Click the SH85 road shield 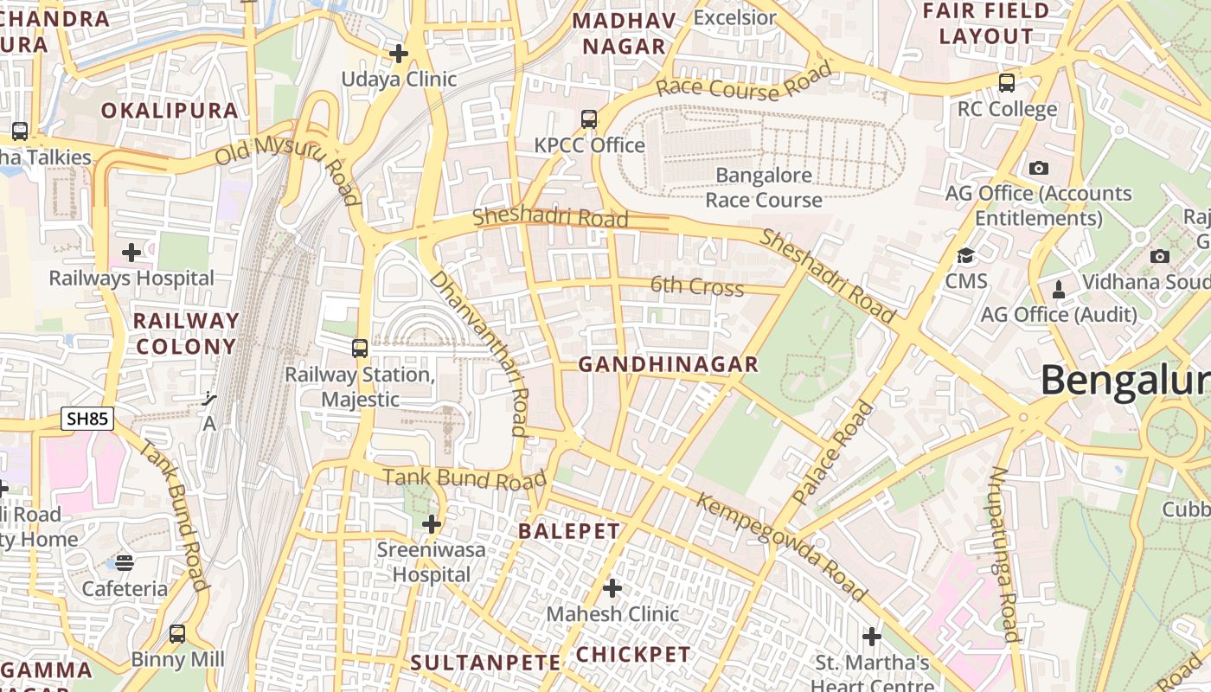point(88,420)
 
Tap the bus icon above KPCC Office point(589,119)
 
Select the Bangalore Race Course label point(763,188)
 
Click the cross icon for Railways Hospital point(131,253)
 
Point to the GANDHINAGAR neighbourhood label point(668,364)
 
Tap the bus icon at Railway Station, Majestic point(360,349)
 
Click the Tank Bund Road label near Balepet point(465,478)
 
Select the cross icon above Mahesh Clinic point(612,588)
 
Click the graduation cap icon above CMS point(965,256)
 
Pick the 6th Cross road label point(697,286)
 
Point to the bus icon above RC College point(1007,83)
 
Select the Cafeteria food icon point(125,563)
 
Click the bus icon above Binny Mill point(177,634)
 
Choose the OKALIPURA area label point(170,111)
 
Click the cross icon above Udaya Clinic point(398,54)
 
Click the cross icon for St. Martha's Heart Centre point(872,638)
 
